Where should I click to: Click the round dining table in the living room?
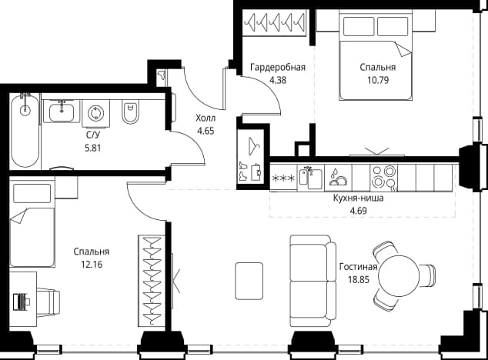399,275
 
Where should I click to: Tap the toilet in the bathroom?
130,112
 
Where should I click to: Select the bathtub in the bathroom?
25,131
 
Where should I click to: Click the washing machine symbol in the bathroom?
96,114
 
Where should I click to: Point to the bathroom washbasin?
62,112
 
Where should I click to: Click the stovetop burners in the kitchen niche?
384,178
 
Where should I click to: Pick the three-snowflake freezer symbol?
283,178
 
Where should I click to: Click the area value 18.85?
359,280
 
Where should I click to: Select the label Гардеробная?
278,67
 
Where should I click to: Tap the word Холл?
206,118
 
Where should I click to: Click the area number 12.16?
92,265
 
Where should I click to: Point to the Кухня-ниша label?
358,198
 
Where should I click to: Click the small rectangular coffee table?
249,281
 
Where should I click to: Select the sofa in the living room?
313,281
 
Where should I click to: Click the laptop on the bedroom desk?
22,302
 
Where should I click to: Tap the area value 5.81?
92,148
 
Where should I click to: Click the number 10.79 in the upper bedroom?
378,80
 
